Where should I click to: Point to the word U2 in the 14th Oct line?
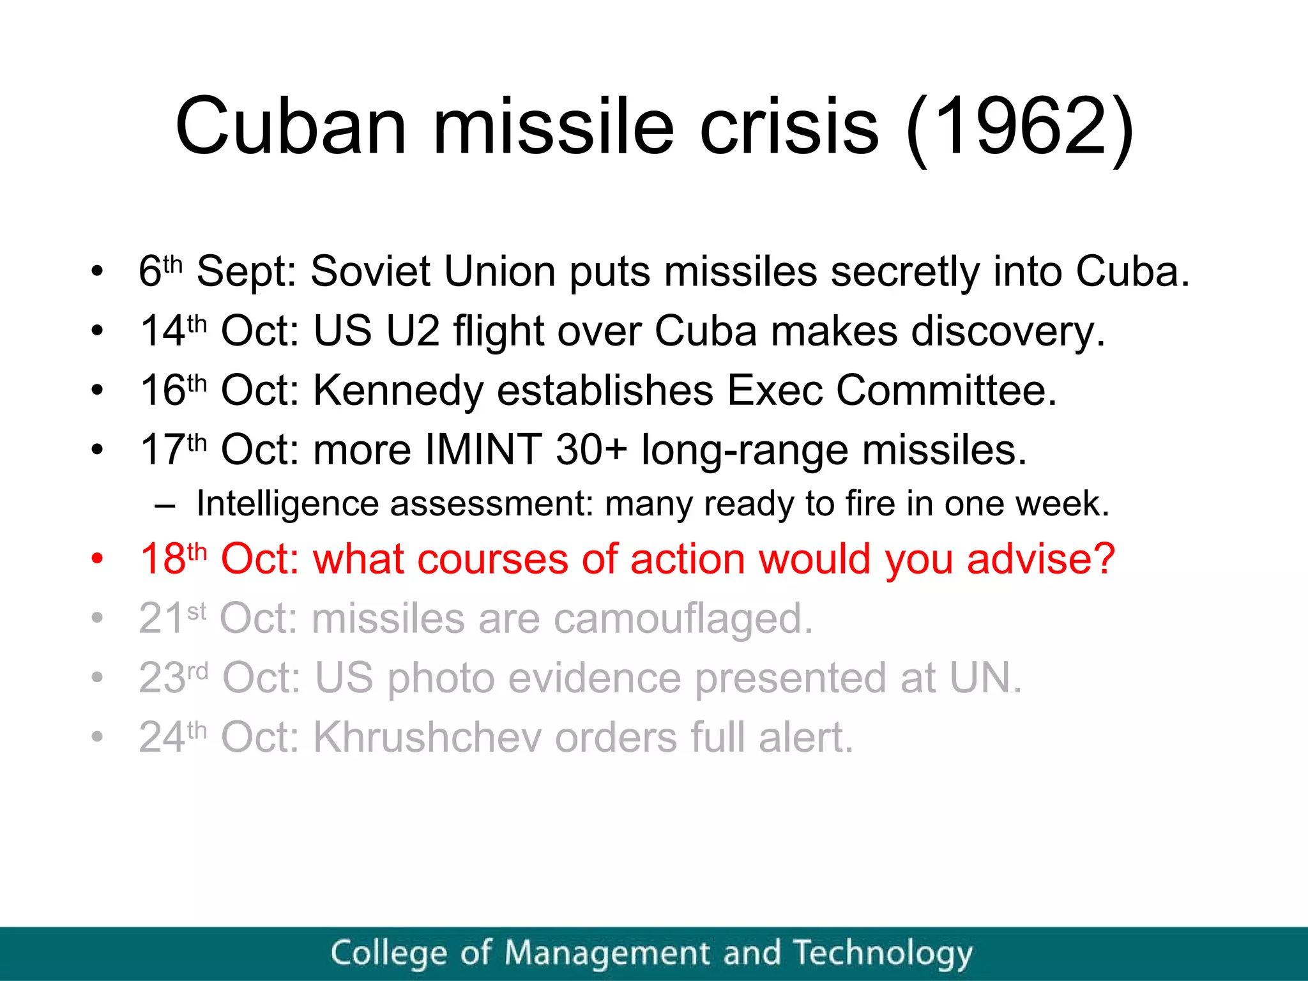point(413,331)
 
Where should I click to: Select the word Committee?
point(947,390)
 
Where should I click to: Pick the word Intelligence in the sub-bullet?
point(287,504)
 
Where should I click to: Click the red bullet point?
point(97,559)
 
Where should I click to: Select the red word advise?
point(1040,559)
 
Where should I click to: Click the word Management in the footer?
point(606,954)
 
